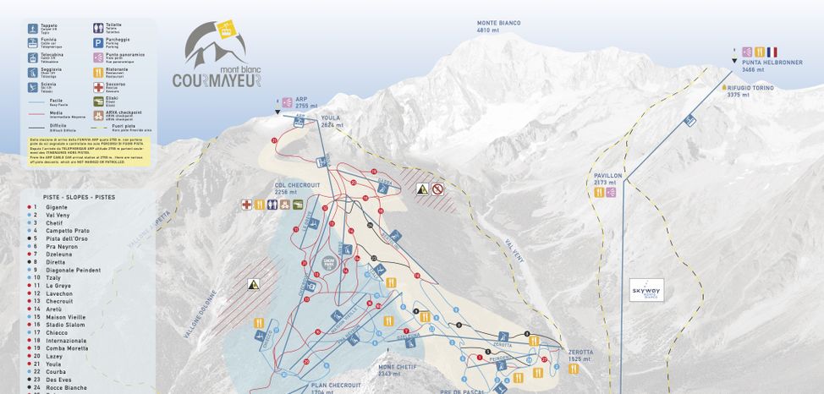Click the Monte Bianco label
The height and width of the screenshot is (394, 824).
498,26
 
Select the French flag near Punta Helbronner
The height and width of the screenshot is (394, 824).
772,52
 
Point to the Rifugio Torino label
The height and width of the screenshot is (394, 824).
750,90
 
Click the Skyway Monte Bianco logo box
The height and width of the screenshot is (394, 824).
646,290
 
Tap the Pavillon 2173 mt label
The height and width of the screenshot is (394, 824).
607,178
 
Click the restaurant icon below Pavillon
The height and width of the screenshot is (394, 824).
599,193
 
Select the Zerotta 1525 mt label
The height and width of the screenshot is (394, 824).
580,355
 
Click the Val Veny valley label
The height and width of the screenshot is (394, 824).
514,249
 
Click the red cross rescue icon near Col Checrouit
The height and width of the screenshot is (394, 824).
247,204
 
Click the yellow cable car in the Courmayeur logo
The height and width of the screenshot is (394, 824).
226,31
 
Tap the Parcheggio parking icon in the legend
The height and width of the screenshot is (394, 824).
98,42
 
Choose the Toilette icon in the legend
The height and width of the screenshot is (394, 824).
98,27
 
